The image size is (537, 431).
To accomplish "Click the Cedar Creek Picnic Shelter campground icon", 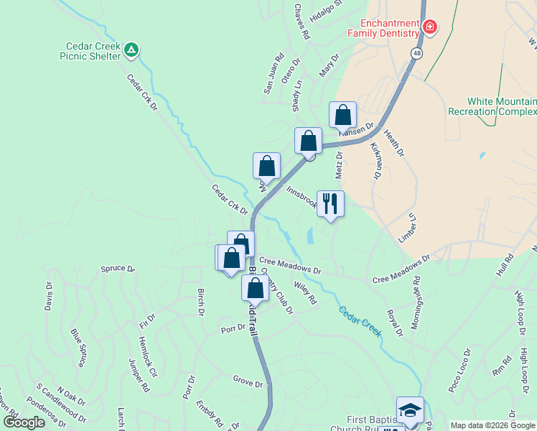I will pos(131,50).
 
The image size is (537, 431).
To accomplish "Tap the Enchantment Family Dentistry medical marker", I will pos(429,27).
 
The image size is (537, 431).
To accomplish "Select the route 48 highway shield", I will pos(417,53).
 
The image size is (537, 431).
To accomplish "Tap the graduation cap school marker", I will pos(410,410).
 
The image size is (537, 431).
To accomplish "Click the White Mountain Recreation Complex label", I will pos(492,106).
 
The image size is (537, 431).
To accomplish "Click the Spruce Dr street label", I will pos(118,269).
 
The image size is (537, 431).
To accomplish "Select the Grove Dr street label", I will pos(248,384).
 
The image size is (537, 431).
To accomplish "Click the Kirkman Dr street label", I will pos(375,159).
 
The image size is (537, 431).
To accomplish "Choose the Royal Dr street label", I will pos(394,323).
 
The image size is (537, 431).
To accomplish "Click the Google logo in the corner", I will pos(24,422).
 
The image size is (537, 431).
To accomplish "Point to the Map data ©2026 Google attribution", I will pos(492,425).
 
